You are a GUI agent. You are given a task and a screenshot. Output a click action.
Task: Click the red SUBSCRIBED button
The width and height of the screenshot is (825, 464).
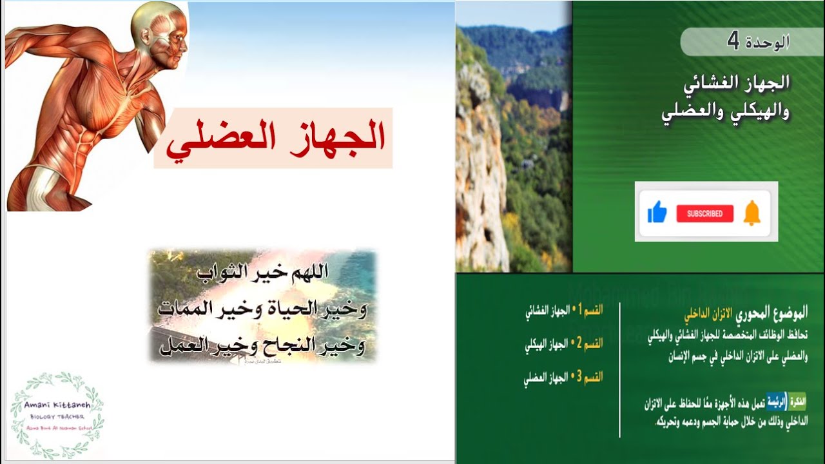click(x=704, y=213)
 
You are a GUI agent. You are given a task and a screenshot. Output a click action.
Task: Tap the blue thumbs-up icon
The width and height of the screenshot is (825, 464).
click(x=657, y=212)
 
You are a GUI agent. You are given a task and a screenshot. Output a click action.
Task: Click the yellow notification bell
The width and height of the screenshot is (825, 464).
click(x=752, y=213)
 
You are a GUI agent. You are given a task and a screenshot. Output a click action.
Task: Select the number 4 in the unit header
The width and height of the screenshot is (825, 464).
click(x=733, y=41)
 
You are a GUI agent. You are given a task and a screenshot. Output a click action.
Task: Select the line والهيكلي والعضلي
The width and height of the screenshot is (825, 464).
click(x=726, y=111)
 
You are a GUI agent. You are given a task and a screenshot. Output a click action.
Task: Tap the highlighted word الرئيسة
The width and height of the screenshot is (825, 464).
click(x=778, y=403)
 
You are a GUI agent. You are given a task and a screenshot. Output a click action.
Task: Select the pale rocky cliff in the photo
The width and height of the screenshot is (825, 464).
click(x=480, y=168)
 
